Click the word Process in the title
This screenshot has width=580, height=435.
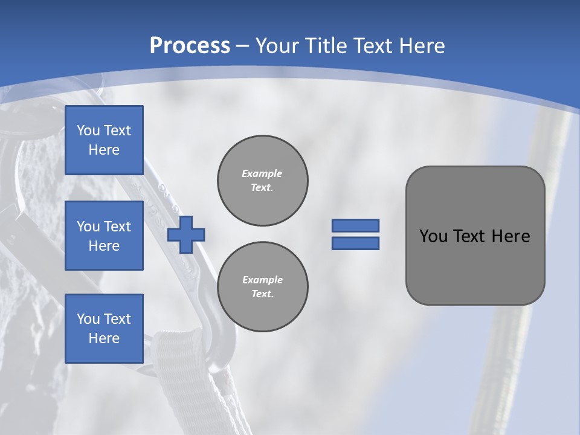(x=190, y=45)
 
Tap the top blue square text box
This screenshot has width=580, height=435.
(x=104, y=140)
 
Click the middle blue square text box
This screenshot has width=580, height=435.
(x=104, y=236)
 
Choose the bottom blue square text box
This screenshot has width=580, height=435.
(x=104, y=329)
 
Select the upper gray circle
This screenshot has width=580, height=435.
(x=263, y=181)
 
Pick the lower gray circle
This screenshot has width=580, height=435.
(x=263, y=287)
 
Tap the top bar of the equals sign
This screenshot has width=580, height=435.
(x=355, y=225)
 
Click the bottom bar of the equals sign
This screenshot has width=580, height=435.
(x=355, y=243)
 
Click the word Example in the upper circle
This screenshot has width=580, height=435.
(x=262, y=173)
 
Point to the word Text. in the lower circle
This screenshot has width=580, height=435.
(x=262, y=294)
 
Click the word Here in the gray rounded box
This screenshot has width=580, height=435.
(x=511, y=236)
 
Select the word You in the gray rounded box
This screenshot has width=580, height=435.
(x=433, y=236)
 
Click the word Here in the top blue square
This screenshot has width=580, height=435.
(x=104, y=150)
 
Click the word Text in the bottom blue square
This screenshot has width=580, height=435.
(x=117, y=319)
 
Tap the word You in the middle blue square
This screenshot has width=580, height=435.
(x=88, y=227)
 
